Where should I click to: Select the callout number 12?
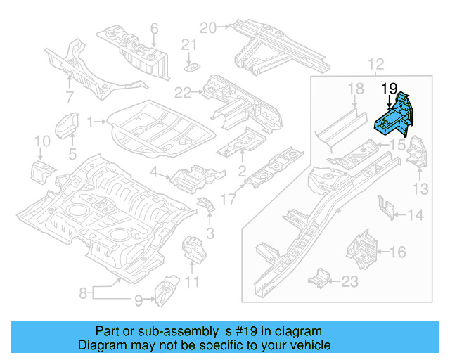[x=375, y=65]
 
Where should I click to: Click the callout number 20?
[x=206, y=27]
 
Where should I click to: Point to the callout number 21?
[x=188, y=44]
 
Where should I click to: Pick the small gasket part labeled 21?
[x=191, y=67]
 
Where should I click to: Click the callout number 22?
[x=183, y=92]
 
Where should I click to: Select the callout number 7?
[x=70, y=96]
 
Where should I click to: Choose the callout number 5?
[x=72, y=153]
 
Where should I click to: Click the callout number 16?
[x=397, y=251]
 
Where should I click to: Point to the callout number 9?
[x=139, y=300]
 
